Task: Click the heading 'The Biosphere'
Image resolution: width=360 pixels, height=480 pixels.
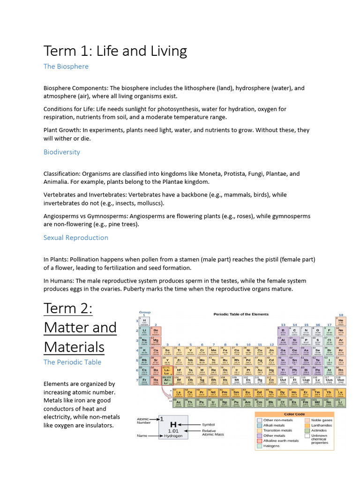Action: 66,67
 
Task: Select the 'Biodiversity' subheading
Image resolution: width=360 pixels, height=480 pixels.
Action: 61,152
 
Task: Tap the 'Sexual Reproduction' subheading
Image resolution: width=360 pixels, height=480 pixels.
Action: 75,238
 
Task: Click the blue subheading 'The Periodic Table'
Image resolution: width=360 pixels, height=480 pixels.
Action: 72,362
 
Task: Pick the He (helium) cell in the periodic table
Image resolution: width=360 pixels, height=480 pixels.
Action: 341,322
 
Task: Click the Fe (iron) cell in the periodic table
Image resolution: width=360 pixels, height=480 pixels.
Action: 225,351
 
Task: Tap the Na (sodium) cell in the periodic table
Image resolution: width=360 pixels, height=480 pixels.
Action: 144,342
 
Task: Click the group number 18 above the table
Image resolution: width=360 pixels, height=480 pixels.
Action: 341,315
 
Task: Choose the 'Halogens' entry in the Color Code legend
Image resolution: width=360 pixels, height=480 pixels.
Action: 271,446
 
